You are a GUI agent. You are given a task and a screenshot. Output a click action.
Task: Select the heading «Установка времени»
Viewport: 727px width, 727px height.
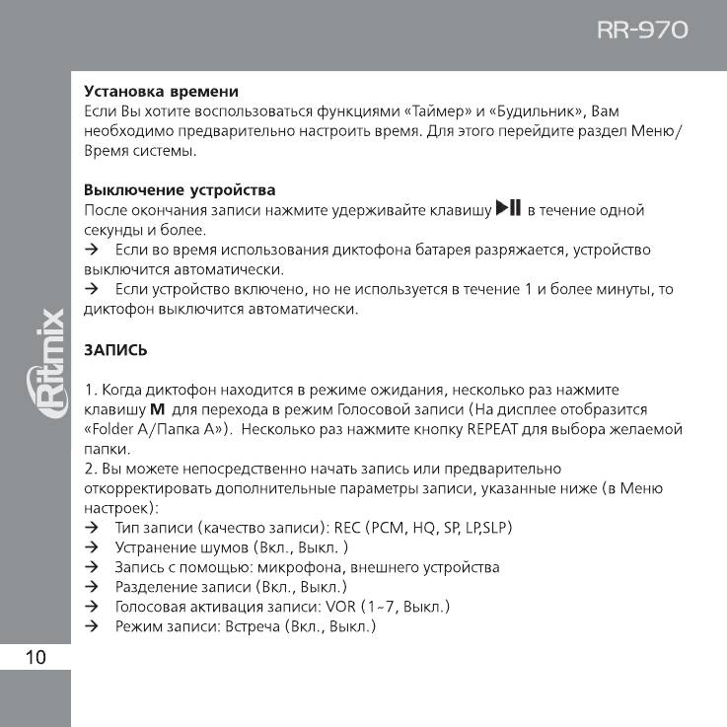(x=161, y=91)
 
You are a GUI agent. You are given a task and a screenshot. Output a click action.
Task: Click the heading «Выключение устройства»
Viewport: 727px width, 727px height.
(x=180, y=189)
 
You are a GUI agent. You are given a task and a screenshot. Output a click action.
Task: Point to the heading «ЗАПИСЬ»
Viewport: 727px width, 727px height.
(x=115, y=349)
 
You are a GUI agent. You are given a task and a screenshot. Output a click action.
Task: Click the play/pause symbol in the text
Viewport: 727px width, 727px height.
(x=507, y=208)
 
